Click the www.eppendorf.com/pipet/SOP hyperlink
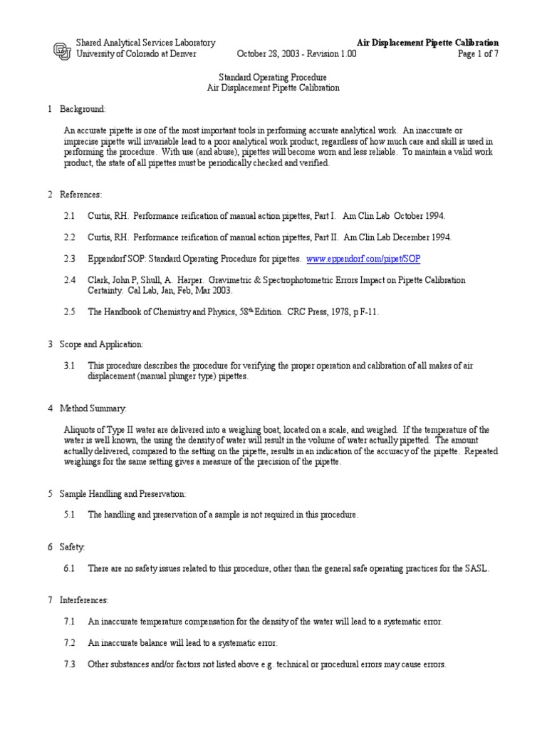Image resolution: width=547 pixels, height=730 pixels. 368,258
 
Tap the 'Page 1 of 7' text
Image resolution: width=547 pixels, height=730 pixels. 477,54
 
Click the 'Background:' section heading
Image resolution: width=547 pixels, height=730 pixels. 83,109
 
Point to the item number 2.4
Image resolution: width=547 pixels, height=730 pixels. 69,280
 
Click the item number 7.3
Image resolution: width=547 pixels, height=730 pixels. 69,664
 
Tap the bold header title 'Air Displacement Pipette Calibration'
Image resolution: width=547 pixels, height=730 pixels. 427,43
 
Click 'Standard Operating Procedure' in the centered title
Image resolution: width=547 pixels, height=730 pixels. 273,77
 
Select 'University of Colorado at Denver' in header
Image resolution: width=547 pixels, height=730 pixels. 136,54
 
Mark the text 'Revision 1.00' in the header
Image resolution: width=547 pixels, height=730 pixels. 332,54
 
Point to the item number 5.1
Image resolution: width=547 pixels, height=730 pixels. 69,514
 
